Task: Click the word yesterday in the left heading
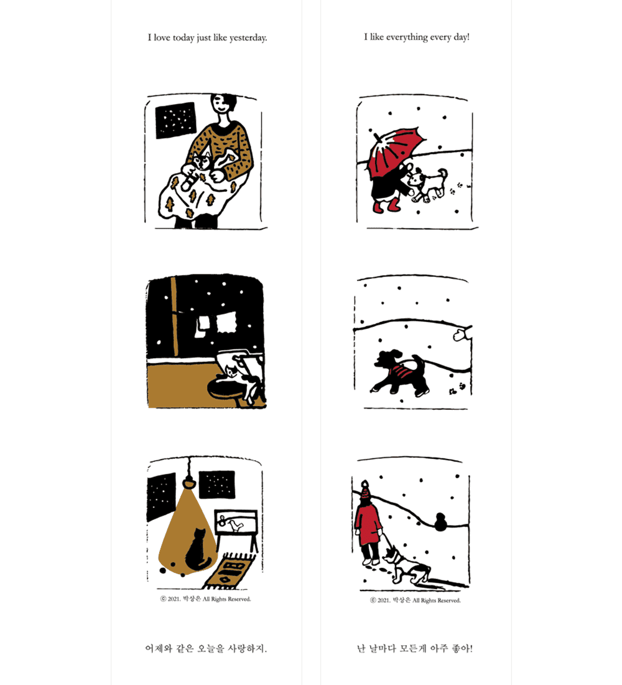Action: click(247, 38)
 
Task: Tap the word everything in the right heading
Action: click(407, 37)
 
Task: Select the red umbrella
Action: click(392, 151)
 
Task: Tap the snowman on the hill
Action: click(441, 522)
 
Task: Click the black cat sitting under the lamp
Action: click(198, 550)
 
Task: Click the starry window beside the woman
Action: click(175, 121)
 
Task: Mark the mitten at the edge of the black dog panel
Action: click(460, 334)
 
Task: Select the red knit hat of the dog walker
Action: click(365, 492)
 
